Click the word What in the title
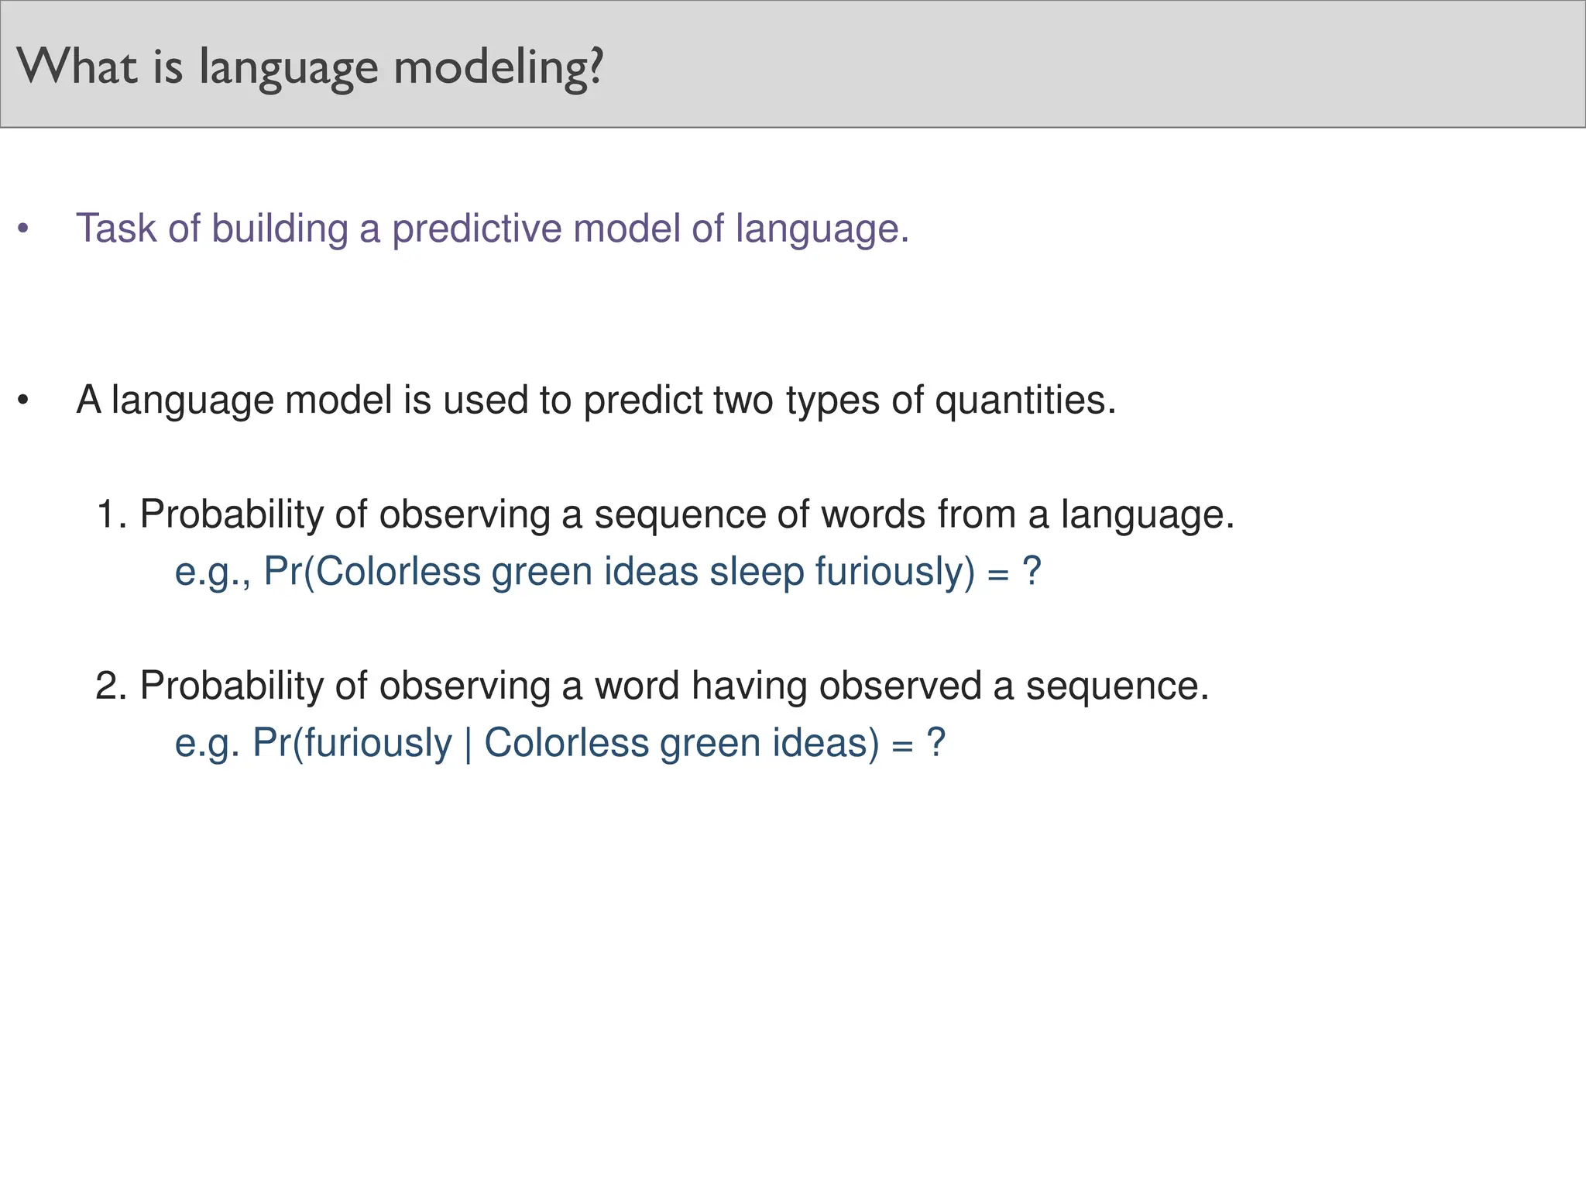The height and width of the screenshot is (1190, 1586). (77, 67)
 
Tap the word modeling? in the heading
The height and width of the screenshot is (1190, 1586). (498, 68)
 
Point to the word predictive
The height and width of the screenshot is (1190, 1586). (476, 230)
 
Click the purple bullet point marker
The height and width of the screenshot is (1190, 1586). (23, 229)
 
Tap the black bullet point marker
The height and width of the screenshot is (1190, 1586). (23, 400)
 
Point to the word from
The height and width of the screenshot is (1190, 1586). (977, 514)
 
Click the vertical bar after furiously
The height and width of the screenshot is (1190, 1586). (469, 744)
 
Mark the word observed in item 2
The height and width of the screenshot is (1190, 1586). (900, 686)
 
